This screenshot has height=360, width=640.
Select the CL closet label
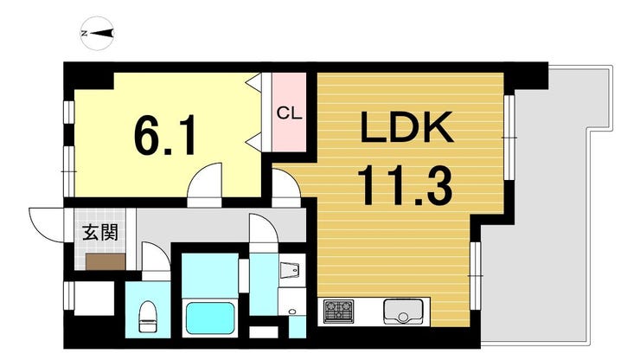(x=289, y=112)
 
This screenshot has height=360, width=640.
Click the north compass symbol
(x=99, y=34)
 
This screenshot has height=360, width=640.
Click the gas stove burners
(x=337, y=310)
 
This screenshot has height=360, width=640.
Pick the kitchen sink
(x=402, y=310)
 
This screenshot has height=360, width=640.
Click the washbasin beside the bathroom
(x=291, y=270)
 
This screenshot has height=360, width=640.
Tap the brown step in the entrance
(x=103, y=261)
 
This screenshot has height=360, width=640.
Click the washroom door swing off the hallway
(x=262, y=231)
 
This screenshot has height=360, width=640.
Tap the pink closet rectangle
(x=290, y=112)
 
